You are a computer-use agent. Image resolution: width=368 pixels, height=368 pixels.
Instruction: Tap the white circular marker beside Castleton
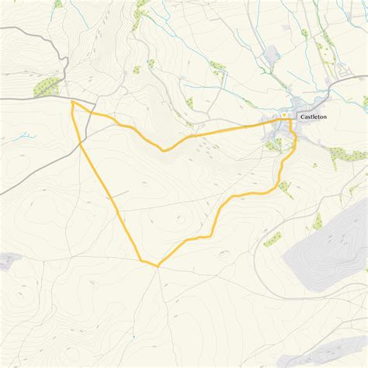pyautogui.click(x=284, y=116)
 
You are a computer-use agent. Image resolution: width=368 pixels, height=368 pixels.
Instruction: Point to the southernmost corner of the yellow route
pyautogui.click(x=158, y=266)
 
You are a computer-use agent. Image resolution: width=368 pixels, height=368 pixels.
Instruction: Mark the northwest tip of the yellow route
pyautogui.click(x=72, y=102)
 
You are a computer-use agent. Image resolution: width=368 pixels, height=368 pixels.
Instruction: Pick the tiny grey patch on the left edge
pyautogui.click(x=8, y=260)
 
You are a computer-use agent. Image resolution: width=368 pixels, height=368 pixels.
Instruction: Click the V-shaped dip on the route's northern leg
pyautogui.click(x=163, y=149)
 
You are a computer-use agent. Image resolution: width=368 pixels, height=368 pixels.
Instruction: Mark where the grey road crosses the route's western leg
pyautogui.click(x=81, y=141)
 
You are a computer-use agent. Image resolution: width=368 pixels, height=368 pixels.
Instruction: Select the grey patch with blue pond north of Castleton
pyautogui.click(x=272, y=54)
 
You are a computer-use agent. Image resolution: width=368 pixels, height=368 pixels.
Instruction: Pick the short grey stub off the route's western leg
pyautogui.click(x=120, y=195)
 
